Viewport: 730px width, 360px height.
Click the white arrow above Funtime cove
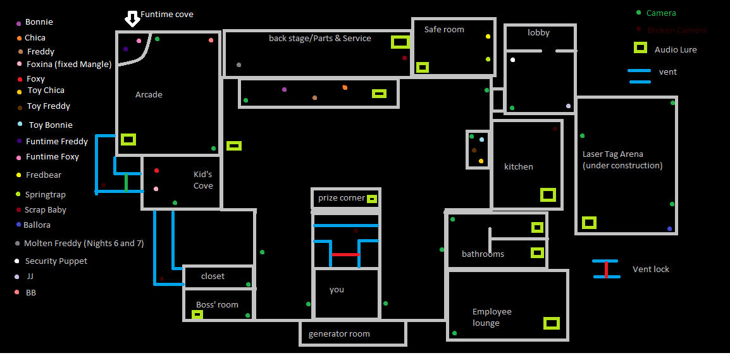tap(132, 18)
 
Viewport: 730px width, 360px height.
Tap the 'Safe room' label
tap(444, 30)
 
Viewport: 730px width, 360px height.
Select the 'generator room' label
tap(339, 334)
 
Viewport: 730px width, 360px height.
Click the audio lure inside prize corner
tap(372, 199)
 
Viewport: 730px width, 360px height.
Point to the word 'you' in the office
tap(337, 290)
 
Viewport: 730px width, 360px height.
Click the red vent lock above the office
tap(345, 254)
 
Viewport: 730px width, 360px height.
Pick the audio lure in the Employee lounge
tap(552, 323)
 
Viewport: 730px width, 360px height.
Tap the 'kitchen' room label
tap(519, 167)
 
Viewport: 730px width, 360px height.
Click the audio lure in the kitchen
tap(548, 195)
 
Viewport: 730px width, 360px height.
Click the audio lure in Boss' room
tap(197, 314)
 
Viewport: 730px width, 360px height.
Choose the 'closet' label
tap(213, 276)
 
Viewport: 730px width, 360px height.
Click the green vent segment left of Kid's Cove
tap(126, 182)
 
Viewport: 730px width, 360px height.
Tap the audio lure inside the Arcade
tap(128, 139)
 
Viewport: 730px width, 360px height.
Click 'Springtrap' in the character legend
tap(45, 195)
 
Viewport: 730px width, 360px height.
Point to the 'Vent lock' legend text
tap(650, 270)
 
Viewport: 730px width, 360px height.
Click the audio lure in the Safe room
tap(423, 66)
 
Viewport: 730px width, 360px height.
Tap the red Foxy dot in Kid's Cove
tap(156, 171)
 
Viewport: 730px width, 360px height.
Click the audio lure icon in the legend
tap(640, 48)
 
